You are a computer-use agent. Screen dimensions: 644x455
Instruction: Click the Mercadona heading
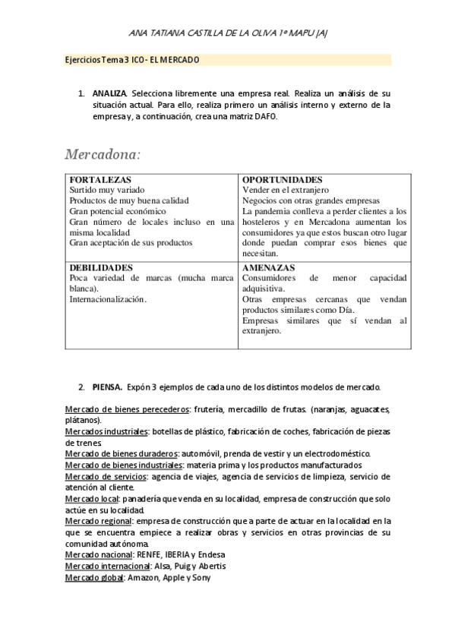click(103, 155)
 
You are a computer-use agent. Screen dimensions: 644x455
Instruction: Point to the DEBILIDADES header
click(101, 268)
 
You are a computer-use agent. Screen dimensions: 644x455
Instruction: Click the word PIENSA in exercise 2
click(107, 387)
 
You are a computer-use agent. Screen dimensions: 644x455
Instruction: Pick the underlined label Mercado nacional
click(100, 554)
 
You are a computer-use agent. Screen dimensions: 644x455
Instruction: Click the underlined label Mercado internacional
click(107, 566)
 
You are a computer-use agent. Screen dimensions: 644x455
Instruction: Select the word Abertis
click(209, 566)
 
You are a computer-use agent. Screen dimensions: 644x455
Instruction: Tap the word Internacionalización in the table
click(107, 300)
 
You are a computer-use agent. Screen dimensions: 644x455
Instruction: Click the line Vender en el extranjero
click(285, 190)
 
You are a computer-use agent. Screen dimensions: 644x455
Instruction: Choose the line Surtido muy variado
click(107, 190)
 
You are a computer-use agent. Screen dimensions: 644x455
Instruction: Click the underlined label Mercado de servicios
click(106, 476)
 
